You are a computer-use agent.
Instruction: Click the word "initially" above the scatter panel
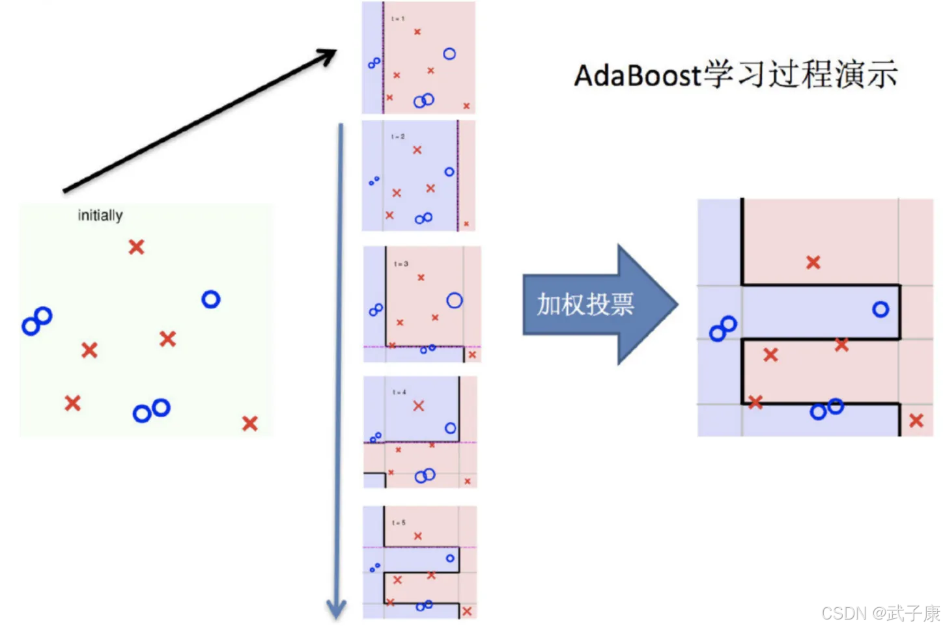coord(100,215)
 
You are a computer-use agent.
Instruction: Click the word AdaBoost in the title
coord(636,75)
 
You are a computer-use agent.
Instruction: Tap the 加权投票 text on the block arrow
coord(585,304)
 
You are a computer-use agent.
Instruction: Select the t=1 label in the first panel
coord(397,19)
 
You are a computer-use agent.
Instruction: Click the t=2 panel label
coord(397,137)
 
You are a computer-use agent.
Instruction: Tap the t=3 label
coord(401,264)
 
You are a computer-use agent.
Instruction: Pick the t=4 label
coord(399,392)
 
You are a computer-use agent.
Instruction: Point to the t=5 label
coord(399,523)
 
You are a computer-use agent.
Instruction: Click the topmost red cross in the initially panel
coord(136,247)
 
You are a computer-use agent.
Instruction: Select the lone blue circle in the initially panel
coord(210,299)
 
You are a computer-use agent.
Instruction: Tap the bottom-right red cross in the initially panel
coord(249,424)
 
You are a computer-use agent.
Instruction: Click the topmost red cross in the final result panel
coord(813,262)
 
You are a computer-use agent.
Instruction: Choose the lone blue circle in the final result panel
coord(880,310)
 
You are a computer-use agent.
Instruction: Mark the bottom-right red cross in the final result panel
coord(916,420)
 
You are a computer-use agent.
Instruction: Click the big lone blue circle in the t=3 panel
coord(455,301)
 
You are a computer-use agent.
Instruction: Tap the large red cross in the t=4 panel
coord(418,405)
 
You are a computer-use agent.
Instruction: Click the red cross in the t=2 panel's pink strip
coord(466,224)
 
